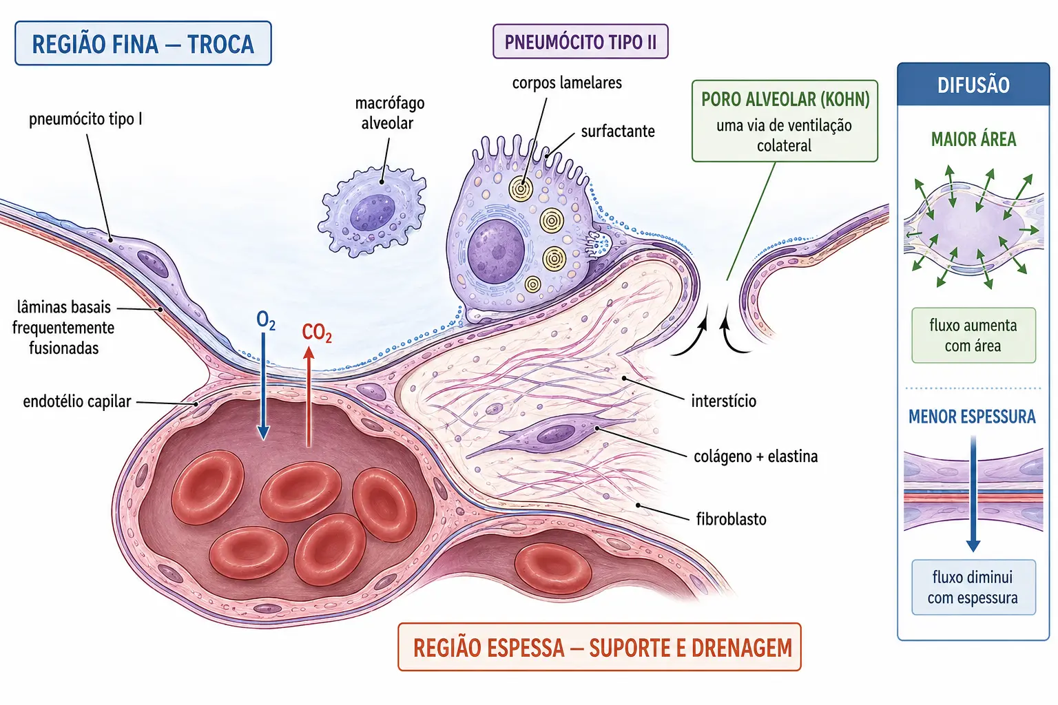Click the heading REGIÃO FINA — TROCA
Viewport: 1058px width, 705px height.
tap(143, 43)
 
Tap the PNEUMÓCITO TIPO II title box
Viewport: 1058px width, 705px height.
tap(581, 41)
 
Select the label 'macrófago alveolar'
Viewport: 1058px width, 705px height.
tap(389, 113)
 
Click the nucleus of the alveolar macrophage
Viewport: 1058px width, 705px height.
tap(372, 213)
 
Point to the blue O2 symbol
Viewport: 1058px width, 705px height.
tap(265, 320)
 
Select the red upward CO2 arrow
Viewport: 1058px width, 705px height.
tap(309, 397)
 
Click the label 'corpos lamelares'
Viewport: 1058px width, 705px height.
tap(567, 83)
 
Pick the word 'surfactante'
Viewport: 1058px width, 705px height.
tap(618, 131)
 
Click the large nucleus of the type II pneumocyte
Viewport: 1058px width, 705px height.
tap(496, 251)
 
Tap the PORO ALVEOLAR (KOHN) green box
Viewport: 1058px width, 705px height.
tap(785, 121)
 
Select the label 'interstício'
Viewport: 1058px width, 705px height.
tap(724, 401)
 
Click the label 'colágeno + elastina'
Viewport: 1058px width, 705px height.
tap(756, 456)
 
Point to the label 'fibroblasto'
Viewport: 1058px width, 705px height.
tap(731, 519)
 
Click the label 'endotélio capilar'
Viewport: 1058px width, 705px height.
tap(77, 402)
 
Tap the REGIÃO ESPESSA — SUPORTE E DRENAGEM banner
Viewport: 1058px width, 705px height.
tap(599, 647)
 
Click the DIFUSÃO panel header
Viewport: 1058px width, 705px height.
tap(973, 85)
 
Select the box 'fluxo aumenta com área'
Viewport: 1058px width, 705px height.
tap(973, 335)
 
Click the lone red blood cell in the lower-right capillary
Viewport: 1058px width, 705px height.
tap(552, 569)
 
